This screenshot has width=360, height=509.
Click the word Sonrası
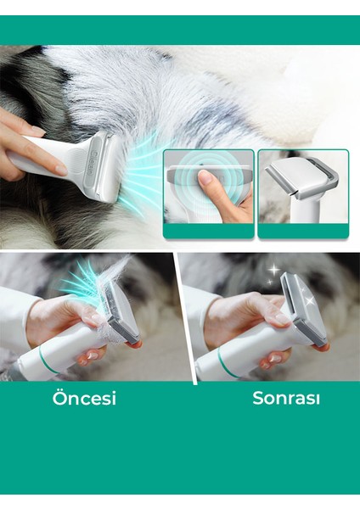point(281,398)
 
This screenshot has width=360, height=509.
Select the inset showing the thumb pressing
point(209,193)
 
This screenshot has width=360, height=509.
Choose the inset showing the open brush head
point(302,193)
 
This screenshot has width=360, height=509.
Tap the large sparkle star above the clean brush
point(274,271)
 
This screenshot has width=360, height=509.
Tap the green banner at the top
point(180,30)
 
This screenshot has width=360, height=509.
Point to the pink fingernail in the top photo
point(61,171)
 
